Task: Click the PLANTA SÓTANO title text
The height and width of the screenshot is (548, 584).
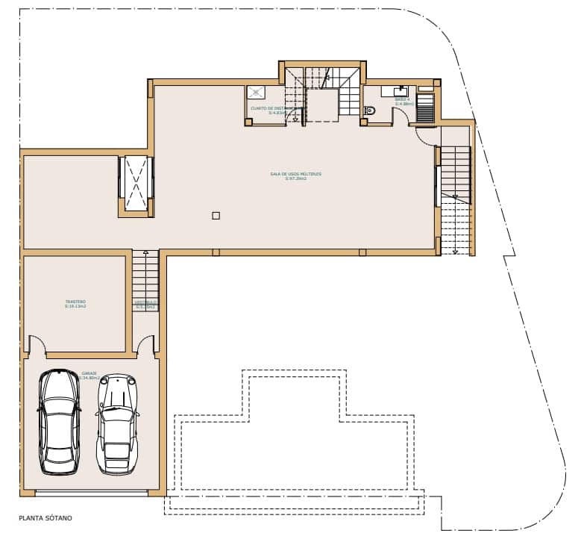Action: [45, 517]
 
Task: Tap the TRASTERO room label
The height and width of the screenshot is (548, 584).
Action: [75, 304]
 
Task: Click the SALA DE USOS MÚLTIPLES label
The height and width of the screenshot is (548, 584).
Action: [295, 175]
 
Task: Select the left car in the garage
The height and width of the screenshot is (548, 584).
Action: [60, 422]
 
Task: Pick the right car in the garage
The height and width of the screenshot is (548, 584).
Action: [118, 424]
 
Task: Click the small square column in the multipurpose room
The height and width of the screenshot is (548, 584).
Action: [216, 216]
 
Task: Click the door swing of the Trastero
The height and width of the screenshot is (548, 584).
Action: [37, 345]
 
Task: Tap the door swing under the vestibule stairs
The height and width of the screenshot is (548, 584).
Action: [146, 345]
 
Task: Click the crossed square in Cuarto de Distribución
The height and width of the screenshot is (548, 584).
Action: [257, 92]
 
